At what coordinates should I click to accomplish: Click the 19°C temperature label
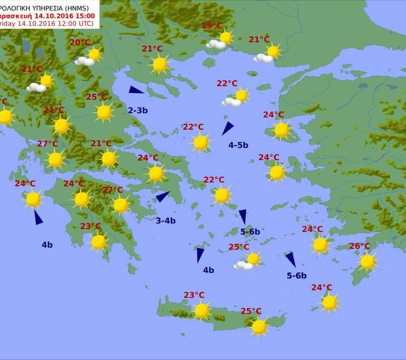212,26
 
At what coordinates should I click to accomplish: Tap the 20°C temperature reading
80,43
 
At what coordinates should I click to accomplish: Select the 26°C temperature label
359,246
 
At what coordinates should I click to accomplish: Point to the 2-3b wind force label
138,110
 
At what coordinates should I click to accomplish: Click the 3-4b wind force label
165,221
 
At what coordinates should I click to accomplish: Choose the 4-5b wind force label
238,145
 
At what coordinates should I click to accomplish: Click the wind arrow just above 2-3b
136,90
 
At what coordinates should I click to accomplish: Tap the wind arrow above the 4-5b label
227,128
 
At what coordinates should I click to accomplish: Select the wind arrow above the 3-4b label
163,197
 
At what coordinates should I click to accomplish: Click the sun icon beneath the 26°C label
367,261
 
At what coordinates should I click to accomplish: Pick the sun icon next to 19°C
226,37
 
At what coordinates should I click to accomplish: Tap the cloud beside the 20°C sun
85,61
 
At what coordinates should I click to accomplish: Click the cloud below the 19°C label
216,45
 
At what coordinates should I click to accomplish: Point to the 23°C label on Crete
194,295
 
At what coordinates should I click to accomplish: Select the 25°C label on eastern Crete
251,311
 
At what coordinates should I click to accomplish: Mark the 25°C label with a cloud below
239,247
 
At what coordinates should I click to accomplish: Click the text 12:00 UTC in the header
77,23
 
